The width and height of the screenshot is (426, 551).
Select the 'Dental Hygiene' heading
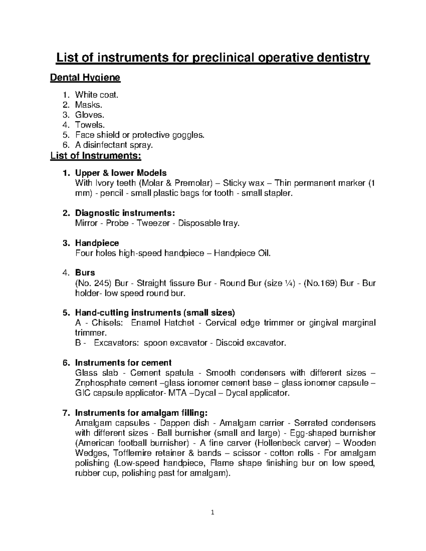pos(86,77)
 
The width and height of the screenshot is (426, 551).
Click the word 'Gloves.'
pos(90,115)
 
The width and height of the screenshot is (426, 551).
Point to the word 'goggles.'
pos(189,135)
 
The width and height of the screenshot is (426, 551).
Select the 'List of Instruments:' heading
pos(96,155)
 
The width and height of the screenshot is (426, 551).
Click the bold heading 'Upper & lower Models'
pos(121,173)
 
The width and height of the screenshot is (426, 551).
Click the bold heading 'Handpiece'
pos(97,243)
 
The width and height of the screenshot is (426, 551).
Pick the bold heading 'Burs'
pos(85,272)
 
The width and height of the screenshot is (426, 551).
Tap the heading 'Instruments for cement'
pos(123,363)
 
